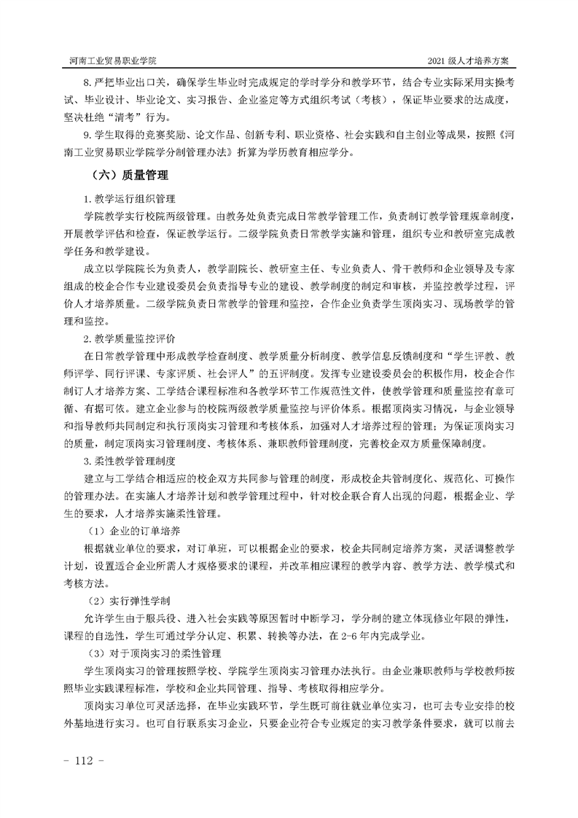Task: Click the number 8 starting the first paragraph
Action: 87,82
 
